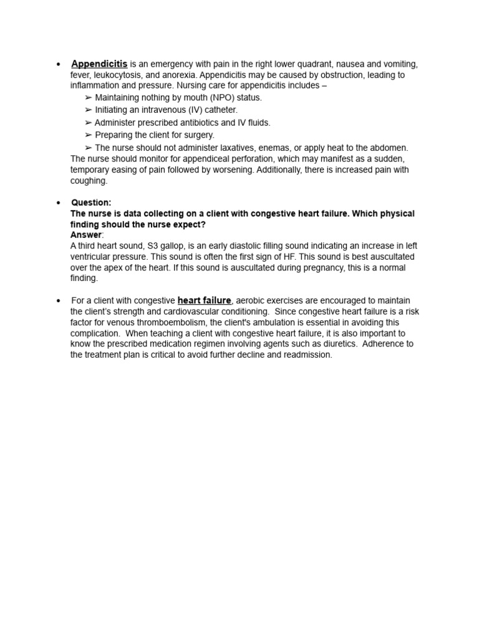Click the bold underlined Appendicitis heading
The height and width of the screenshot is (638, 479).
(99, 64)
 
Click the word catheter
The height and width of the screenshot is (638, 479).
(218, 110)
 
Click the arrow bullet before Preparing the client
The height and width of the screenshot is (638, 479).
(88, 135)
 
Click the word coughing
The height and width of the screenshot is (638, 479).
(89, 181)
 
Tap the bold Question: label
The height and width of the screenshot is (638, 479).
(91, 202)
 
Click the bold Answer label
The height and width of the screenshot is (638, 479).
(85, 235)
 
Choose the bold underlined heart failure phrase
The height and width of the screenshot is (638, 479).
(204, 300)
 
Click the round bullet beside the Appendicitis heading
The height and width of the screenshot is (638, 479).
(58, 65)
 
